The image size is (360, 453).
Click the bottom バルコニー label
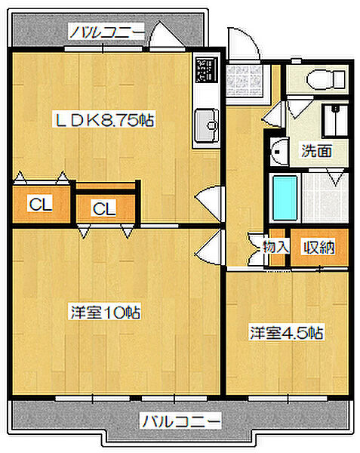click(x=180, y=420)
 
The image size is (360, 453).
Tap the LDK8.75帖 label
click(x=103, y=119)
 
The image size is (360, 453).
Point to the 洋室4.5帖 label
click(x=288, y=332)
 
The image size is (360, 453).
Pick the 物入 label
click(x=275, y=247)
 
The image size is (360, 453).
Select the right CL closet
click(x=104, y=208)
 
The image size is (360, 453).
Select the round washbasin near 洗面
click(x=278, y=150)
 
